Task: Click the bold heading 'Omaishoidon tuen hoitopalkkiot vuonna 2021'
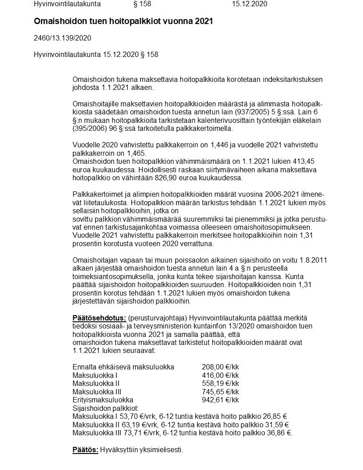click(123, 21)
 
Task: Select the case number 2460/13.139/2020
click(63, 38)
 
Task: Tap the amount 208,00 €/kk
click(220, 367)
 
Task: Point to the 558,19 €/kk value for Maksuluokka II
click(220, 383)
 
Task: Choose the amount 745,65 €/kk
click(220, 392)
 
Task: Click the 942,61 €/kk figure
click(220, 400)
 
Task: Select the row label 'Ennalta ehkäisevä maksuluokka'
click(123, 367)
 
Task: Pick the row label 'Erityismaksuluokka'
click(103, 400)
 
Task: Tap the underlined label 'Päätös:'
click(85, 450)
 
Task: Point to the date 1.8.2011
click(309, 260)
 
